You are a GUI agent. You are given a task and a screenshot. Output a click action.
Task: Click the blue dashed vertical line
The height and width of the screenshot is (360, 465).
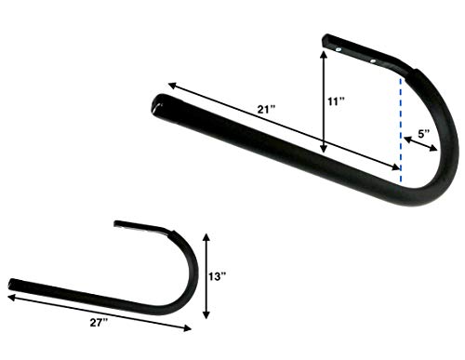[x=401, y=130]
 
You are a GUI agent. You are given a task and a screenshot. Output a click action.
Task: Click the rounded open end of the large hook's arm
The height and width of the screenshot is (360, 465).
[x=159, y=104]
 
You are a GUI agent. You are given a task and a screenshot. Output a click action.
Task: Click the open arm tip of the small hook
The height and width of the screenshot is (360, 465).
[x=13, y=283]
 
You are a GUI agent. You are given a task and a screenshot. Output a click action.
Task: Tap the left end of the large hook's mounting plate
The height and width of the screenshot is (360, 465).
[x=325, y=41]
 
